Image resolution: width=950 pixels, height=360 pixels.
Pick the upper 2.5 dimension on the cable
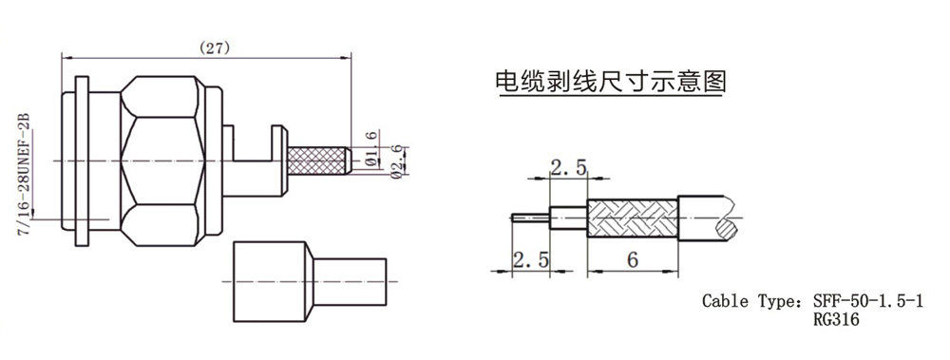pyautogui.click(x=568, y=166)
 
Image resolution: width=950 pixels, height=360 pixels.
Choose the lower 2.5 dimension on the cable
pyautogui.click(x=531, y=260)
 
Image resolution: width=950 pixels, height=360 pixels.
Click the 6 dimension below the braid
pyautogui.click(x=633, y=260)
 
